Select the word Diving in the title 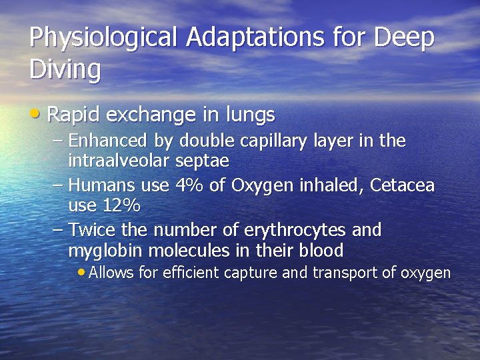[65, 69]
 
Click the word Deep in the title [404, 38]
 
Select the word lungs [250, 116]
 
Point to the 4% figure [191, 185]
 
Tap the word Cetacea [403, 185]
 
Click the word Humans [100, 185]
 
